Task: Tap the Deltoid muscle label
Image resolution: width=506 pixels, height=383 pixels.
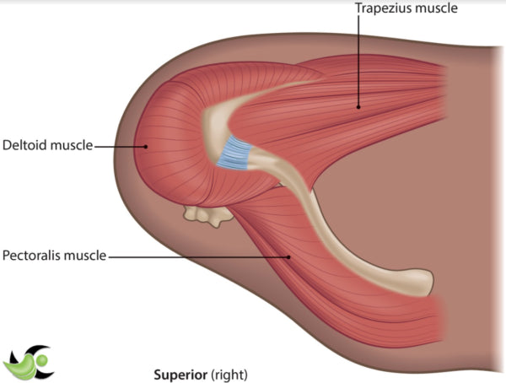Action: (x=46, y=146)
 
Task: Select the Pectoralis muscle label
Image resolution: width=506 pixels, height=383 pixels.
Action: (x=54, y=255)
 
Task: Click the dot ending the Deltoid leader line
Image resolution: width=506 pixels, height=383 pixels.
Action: (x=145, y=146)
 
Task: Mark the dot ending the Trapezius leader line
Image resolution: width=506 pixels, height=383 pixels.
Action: (x=357, y=106)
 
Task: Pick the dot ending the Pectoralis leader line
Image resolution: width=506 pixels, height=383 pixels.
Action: (x=289, y=255)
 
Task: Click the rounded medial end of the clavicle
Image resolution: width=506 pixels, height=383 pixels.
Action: (x=422, y=277)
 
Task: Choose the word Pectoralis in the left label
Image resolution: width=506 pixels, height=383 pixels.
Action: (x=31, y=255)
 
